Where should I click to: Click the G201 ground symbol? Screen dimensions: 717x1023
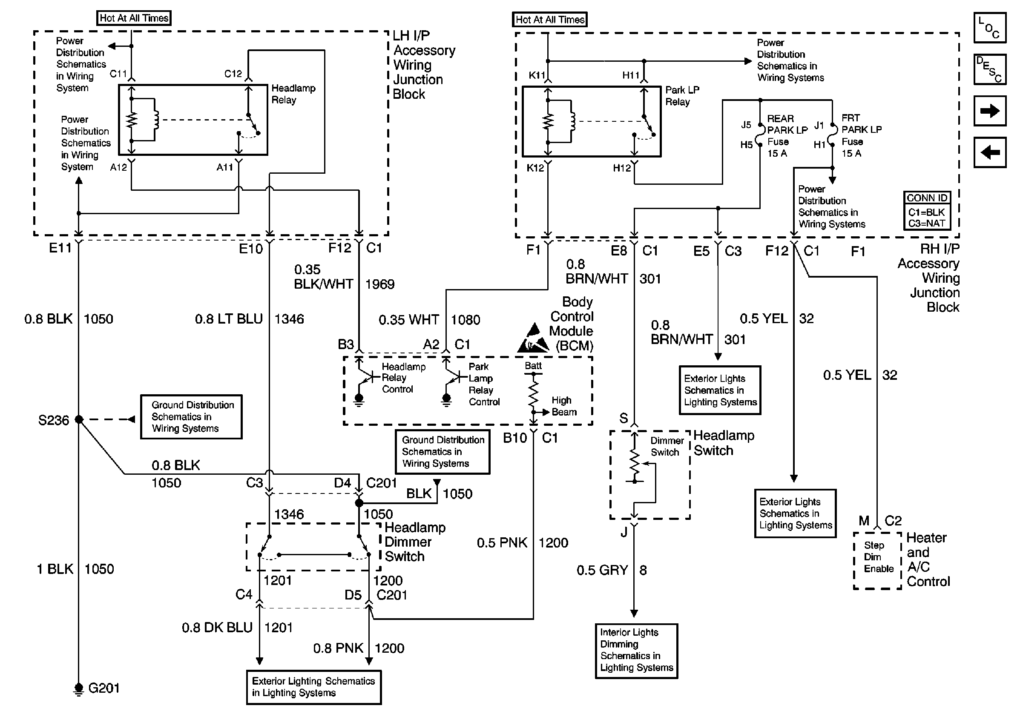point(78,688)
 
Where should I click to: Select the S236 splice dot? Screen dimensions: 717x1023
point(79,419)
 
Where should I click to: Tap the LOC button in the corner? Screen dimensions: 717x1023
point(990,28)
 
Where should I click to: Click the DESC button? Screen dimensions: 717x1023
point(990,69)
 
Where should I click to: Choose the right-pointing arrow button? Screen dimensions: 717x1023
point(990,111)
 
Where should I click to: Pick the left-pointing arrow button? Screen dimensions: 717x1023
point(990,153)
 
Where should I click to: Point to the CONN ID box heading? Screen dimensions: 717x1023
point(927,198)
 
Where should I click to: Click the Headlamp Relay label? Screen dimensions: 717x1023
point(293,94)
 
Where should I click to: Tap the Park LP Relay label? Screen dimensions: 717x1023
point(682,96)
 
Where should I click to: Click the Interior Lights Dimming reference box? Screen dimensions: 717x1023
point(636,651)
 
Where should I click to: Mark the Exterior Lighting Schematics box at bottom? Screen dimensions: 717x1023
point(314,687)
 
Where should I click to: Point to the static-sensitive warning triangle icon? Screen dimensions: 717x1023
point(534,338)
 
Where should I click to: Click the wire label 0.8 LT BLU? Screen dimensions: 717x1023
point(229,319)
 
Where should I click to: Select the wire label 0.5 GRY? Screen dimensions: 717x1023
point(602,571)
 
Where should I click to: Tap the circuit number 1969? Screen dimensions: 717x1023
point(379,284)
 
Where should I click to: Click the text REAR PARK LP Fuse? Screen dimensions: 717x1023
point(787,135)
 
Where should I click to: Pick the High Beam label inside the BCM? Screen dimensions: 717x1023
point(563,406)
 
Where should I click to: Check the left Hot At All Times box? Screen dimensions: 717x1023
point(134,18)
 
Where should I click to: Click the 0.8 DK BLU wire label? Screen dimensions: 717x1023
point(217,628)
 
